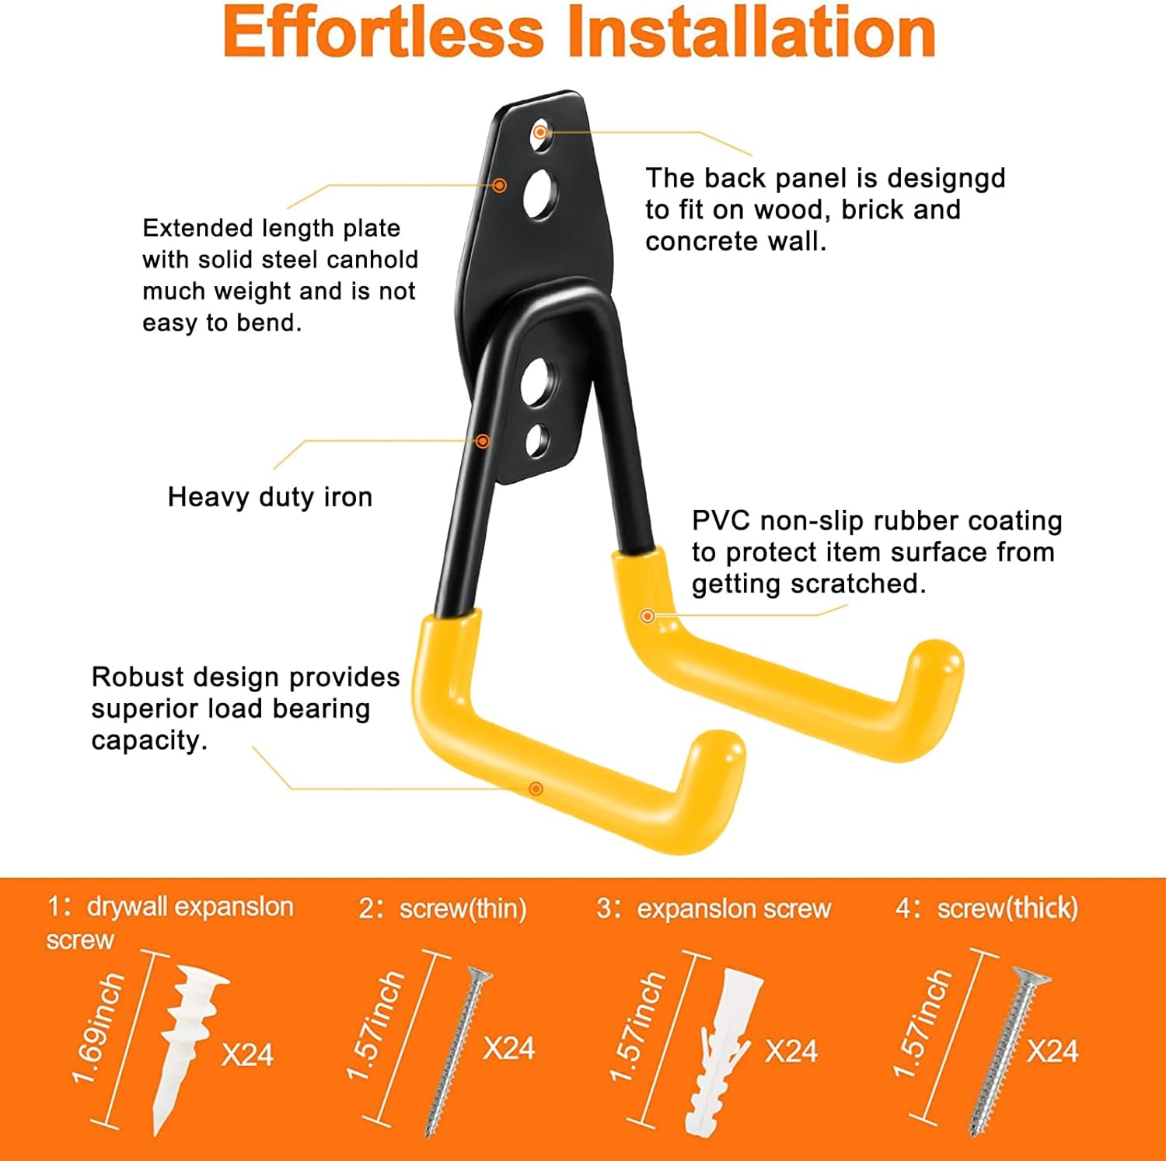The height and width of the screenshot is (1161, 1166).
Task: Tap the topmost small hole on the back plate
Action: point(540,132)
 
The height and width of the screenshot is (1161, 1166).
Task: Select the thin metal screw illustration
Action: point(459,1050)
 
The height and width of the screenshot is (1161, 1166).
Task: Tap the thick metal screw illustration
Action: point(1009,1050)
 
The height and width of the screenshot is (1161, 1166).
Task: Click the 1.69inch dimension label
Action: point(99,1029)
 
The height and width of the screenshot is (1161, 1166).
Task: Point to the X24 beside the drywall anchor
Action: point(247,1055)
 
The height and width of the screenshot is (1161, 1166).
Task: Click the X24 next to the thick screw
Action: point(1053,1051)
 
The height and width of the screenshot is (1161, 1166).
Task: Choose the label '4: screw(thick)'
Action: point(987,908)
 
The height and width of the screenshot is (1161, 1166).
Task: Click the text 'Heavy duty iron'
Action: point(270,497)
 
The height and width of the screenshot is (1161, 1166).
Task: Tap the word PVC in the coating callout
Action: point(722,520)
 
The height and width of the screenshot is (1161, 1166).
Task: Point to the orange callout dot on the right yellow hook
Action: point(647,616)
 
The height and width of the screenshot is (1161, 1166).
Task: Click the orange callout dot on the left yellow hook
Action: point(536,789)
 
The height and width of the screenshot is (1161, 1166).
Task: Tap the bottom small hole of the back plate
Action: point(537,441)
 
